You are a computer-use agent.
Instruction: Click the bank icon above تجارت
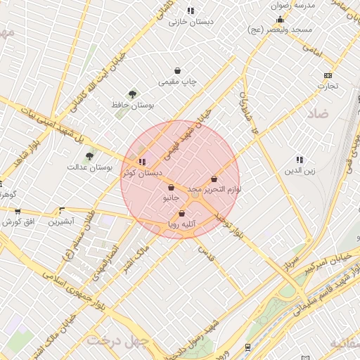[x=328, y=75]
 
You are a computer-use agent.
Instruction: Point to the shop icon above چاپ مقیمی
[x=178, y=71]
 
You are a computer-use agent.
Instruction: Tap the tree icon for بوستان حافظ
[x=131, y=94]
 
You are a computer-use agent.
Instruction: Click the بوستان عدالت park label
[x=90, y=167]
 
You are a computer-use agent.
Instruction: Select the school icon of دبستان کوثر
[x=143, y=162]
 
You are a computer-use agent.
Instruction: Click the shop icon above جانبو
[x=172, y=188]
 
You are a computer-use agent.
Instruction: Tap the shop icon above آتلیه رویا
[x=182, y=214]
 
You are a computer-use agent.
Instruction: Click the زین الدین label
[x=300, y=171]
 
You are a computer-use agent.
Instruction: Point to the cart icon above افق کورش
[x=18, y=211]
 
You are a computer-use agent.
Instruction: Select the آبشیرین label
[x=61, y=221]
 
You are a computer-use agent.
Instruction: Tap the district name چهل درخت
[x=118, y=340]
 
